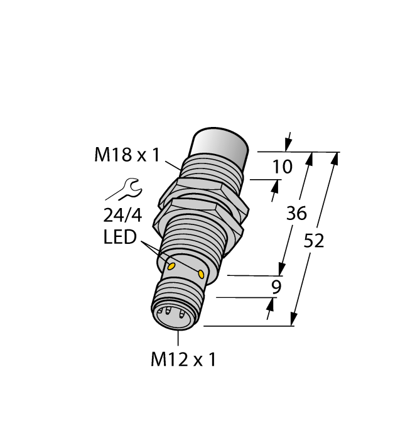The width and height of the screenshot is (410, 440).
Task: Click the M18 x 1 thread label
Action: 127,155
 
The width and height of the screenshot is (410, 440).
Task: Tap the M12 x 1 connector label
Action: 183,360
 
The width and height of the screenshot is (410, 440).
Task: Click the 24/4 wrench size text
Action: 122,216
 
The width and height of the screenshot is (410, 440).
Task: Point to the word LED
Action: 120,238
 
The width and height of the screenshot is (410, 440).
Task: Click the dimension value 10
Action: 283,167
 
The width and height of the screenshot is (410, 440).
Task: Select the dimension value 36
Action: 296,214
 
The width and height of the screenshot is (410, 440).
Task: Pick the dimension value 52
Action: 312,240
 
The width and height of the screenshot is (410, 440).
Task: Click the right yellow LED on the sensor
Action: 201,273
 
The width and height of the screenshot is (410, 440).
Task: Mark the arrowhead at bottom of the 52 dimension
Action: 294,321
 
